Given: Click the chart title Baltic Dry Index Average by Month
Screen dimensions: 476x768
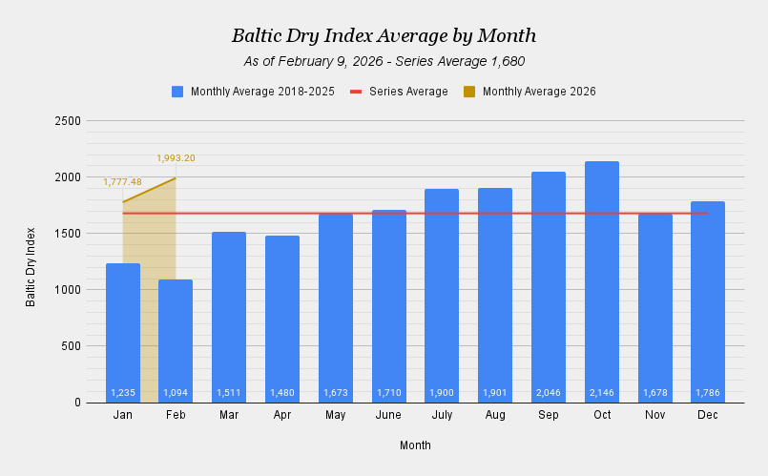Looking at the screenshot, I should coord(384,36).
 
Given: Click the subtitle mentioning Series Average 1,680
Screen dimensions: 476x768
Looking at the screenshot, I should coord(384,61).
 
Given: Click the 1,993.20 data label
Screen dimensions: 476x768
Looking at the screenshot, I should coord(176,158).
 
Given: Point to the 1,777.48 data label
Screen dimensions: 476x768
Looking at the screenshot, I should coord(122,182).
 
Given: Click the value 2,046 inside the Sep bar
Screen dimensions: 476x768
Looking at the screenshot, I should coord(549,393).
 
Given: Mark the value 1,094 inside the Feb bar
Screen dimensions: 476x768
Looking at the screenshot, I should coord(176,393).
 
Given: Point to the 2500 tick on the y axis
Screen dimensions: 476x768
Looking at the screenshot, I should coord(68,121).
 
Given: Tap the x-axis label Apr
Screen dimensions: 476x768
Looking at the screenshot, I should coord(282,416).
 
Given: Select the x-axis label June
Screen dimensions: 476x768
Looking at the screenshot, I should coord(388,416).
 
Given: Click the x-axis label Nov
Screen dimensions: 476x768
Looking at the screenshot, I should coord(654,416).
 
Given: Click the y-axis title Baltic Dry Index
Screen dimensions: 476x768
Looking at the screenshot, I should coord(31,266).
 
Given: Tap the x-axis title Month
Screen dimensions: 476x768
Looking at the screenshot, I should coord(415,445).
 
